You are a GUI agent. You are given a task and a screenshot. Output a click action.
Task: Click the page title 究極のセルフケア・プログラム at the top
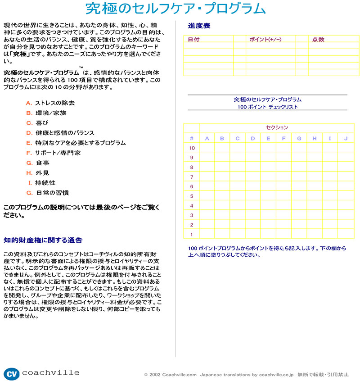pyautogui.click(x=175, y=9)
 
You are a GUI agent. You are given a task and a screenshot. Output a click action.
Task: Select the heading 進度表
pyautogui.click(x=199, y=26)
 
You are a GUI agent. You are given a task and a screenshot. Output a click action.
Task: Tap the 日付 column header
pyautogui.click(x=194, y=40)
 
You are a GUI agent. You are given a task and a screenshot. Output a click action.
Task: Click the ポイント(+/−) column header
pyautogui.click(x=265, y=40)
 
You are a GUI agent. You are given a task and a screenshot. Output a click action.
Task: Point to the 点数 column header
pyautogui.click(x=318, y=40)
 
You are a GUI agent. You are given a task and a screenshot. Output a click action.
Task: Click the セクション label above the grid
pyautogui.click(x=277, y=127)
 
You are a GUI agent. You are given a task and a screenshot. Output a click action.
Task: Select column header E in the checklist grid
pyautogui.click(x=268, y=138)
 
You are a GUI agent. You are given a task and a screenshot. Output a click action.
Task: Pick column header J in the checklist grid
pyautogui.click(x=346, y=138)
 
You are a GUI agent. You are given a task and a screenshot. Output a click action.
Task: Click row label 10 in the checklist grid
pyautogui.click(x=192, y=148)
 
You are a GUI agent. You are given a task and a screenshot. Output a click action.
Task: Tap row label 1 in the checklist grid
pyautogui.click(x=192, y=234)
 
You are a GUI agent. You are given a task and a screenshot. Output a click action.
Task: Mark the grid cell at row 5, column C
pyautogui.click(x=238, y=196)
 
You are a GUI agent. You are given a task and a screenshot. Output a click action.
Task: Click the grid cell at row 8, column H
pyautogui.click(x=315, y=167)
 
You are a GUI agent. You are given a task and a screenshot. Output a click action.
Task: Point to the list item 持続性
pyautogui.click(x=45, y=183)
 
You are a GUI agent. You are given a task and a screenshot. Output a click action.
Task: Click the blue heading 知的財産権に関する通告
pyautogui.click(x=43, y=240)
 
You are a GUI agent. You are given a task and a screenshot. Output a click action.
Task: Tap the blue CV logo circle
pyautogui.click(x=12, y=373)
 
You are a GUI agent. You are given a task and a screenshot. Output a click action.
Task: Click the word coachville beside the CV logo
pyautogui.click(x=50, y=373)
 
